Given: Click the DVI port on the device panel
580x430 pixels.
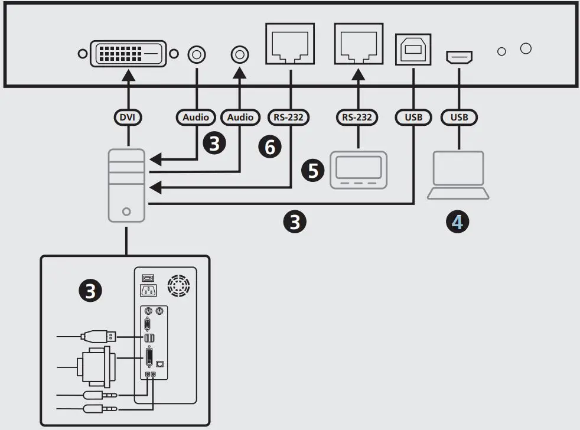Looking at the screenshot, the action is click(x=128, y=54).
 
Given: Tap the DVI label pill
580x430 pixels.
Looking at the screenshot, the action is click(x=128, y=118).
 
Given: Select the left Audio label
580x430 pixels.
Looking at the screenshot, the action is click(x=195, y=118).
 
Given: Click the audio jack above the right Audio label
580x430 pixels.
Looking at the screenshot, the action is click(x=240, y=55).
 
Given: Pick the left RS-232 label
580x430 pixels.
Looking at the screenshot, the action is click(x=288, y=118).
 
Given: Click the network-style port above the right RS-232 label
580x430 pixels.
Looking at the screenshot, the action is click(x=359, y=44).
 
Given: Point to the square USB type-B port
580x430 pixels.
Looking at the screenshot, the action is click(x=413, y=50).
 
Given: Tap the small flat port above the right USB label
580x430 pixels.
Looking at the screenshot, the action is click(x=459, y=57).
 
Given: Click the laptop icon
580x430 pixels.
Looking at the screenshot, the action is click(x=458, y=175).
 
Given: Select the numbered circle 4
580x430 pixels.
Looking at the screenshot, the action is click(x=458, y=222).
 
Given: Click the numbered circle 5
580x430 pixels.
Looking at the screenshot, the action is click(x=313, y=171).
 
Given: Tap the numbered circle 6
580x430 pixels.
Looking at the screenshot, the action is click(x=270, y=146).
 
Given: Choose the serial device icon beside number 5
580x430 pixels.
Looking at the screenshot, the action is click(x=359, y=170).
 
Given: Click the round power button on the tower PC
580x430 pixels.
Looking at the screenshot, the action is click(x=126, y=211).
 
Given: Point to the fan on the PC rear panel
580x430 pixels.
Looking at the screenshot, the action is click(x=178, y=285).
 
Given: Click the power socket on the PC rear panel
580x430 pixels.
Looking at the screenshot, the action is click(x=148, y=290).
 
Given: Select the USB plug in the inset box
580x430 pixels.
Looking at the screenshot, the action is click(x=99, y=336).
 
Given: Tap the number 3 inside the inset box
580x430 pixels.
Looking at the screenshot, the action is click(x=90, y=291).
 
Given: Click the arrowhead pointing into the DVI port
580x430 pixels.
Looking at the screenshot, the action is click(x=128, y=75).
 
